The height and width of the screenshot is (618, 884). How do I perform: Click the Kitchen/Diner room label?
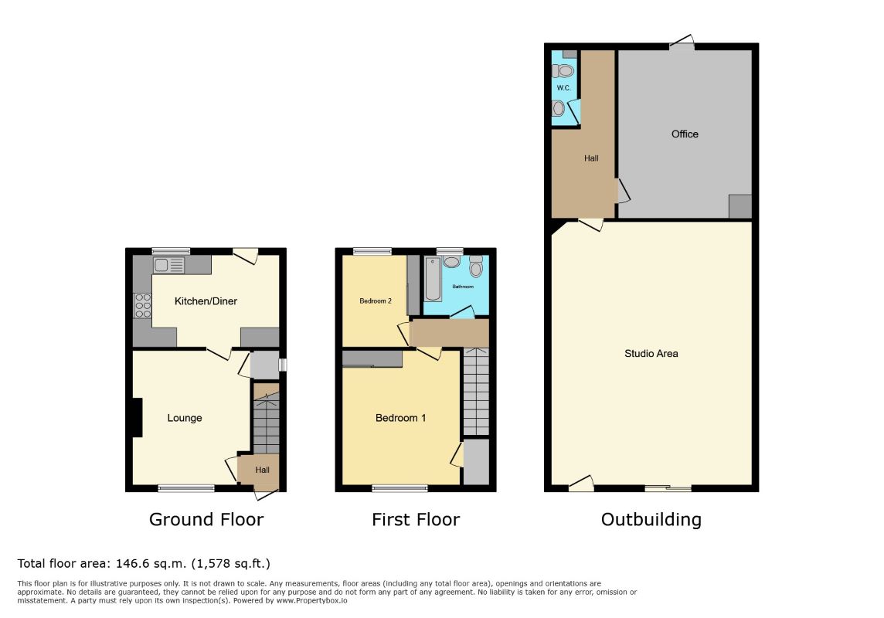(x=206, y=301)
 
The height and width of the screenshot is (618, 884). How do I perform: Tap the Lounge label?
(x=185, y=418)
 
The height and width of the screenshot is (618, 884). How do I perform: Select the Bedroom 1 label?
(x=400, y=418)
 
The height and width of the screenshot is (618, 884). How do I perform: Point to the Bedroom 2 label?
(x=376, y=301)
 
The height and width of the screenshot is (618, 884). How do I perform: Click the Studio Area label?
(x=651, y=354)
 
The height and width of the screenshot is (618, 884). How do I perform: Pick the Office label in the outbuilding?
(x=685, y=134)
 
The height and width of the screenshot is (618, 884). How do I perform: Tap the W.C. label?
(x=564, y=88)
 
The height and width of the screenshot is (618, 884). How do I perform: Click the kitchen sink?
(x=169, y=265)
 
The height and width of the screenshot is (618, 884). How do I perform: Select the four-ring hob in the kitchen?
(x=143, y=306)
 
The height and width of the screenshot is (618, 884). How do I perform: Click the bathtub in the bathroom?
(x=433, y=280)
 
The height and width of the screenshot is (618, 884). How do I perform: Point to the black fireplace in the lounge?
(x=137, y=417)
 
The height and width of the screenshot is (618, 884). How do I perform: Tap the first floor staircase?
(x=476, y=392)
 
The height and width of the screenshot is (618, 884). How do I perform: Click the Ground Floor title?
(x=206, y=519)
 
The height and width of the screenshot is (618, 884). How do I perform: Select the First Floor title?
(x=416, y=519)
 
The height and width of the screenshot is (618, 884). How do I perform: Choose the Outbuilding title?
(x=651, y=519)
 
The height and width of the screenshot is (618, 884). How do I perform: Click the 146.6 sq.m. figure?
(x=151, y=563)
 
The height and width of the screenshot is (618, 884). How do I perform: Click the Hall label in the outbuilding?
(x=591, y=158)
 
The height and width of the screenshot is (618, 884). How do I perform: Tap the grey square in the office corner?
(x=740, y=206)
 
